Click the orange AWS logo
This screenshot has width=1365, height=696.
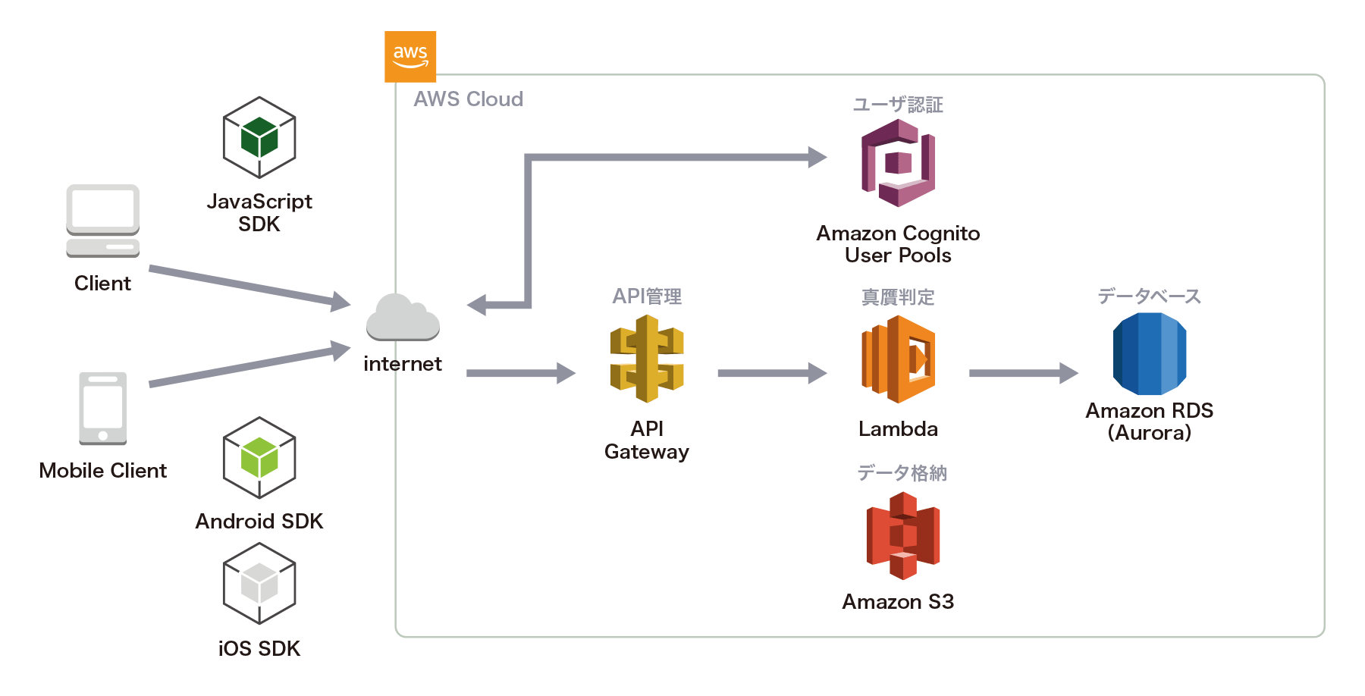point(410,57)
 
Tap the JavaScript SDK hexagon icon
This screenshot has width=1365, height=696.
point(259,138)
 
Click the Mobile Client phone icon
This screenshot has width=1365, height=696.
point(103,408)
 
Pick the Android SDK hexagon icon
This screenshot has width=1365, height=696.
point(259,458)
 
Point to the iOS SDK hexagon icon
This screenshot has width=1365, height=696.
point(259,584)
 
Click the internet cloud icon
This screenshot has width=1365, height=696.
point(403,318)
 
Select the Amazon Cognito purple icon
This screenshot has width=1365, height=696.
point(898,163)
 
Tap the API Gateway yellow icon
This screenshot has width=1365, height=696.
point(647,359)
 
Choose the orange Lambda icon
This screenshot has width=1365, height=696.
point(898,359)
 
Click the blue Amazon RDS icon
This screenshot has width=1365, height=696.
point(1150,354)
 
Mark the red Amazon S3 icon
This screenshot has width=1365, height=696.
point(902,535)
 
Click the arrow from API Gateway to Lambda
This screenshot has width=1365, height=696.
point(771,373)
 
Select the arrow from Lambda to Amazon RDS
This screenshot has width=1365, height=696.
point(1023,373)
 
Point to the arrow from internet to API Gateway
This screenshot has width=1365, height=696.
point(520,373)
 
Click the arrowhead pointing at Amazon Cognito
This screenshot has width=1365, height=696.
point(817,158)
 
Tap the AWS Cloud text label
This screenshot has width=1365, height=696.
point(468,99)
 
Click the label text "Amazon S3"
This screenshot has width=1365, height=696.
point(898,602)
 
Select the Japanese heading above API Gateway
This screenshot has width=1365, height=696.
point(647,296)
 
